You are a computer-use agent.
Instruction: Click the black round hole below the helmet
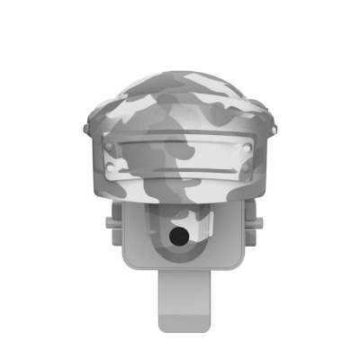point(180,237)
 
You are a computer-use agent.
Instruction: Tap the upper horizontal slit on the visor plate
point(180,149)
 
